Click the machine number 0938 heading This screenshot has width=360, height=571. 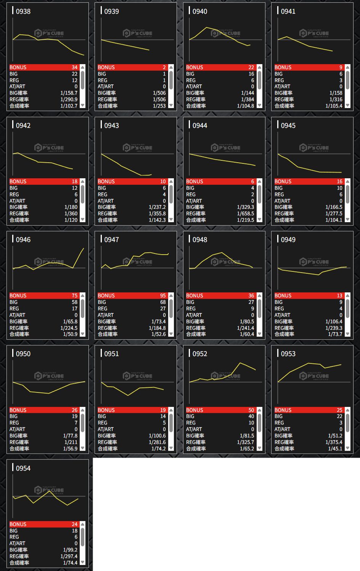point(23,11)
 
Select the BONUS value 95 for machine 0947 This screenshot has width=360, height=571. point(163,296)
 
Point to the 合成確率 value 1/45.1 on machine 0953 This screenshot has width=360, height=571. point(335,448)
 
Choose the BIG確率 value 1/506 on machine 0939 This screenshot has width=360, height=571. point(159,93)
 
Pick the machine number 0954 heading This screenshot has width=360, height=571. point(23,468)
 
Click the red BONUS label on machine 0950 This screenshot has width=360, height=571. point(18,410)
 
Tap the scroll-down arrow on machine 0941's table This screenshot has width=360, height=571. point(347,105)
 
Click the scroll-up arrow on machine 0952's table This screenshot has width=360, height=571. point(259,410)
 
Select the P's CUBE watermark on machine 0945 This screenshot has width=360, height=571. point(314,148)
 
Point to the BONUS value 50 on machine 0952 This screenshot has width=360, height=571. point(251,410)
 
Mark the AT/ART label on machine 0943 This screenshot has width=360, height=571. point(106,201)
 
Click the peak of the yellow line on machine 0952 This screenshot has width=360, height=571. point(240,363)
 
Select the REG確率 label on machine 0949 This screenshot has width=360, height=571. point(284,328)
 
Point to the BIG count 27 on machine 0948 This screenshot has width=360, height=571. point(251,302)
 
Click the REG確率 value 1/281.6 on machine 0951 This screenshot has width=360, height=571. point(157,442)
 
